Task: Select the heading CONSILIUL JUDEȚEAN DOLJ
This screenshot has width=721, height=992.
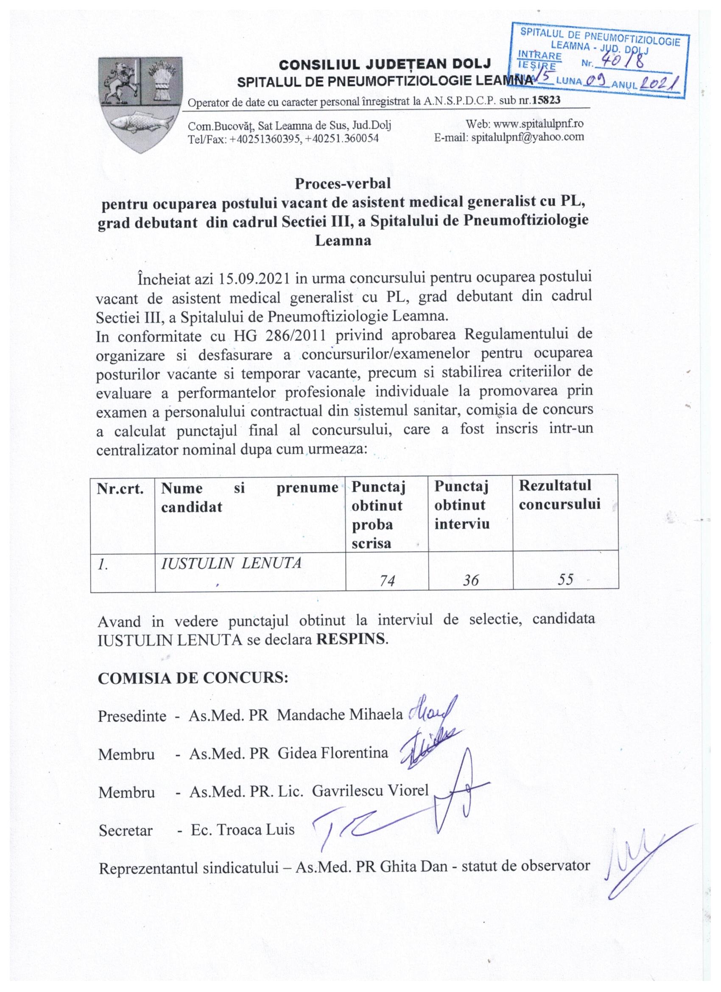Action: pyautogui.click(x=385, y=65)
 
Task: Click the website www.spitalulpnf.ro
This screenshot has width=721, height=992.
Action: pyautogui.click(x=538, y=124)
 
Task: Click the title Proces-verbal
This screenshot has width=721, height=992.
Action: pyautogui.click(x=343, y=183)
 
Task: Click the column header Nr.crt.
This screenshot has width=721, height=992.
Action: pyautogui.click(x=120, y=488)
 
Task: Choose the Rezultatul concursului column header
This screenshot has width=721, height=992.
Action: pyautogui.click(x=559, y=495)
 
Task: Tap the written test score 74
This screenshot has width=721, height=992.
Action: pyautogui.click(x=387, y=580)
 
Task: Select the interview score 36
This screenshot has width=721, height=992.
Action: pyautogui.click(x=470, y=580)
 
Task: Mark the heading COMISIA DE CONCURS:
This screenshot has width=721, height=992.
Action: pyautogui.click(x=193, y=679)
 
